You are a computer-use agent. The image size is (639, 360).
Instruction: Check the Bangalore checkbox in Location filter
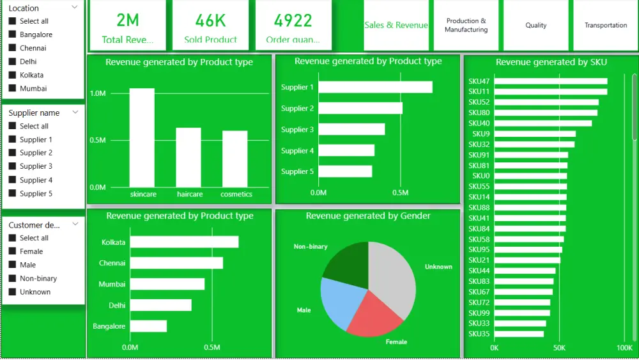point(12,35)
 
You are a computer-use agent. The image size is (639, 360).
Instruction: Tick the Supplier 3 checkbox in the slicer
point(12,166)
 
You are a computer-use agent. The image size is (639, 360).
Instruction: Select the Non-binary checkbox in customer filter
point(12,278)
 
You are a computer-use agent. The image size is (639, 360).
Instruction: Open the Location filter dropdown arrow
point(75,7)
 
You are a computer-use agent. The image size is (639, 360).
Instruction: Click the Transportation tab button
point(605,26)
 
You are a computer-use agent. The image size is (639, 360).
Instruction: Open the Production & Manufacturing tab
point(466,26)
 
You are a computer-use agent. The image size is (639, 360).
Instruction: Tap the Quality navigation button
point(535,26)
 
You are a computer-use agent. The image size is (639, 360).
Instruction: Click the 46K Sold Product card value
point(210,20)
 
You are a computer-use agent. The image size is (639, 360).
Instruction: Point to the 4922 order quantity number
point(293,20)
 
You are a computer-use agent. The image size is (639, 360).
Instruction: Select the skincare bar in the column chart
point(142,137)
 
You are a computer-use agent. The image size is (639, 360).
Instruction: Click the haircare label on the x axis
point(190,194)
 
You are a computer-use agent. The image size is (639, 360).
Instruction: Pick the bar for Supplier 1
point(375,87)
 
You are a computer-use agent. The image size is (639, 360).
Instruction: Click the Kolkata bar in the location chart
point(184,242)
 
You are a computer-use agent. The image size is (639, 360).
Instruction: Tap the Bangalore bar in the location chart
point(148,326)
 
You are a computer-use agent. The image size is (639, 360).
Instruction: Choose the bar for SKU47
point(550,81)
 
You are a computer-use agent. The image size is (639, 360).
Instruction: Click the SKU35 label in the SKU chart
point(479,334)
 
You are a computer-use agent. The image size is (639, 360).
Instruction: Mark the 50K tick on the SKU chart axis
point(559,348)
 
